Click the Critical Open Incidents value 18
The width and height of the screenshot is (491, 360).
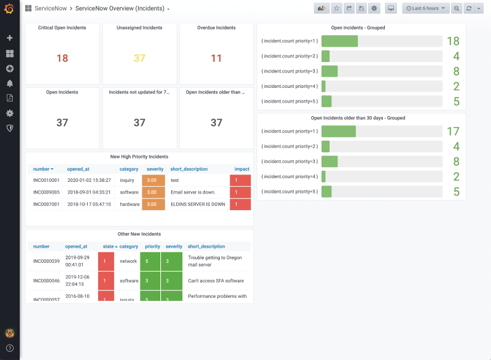(62, 58)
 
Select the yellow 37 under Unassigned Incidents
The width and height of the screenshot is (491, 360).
(139, 58)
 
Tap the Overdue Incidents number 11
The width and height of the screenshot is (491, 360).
(216, 58)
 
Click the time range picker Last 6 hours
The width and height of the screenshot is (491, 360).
(425, 9)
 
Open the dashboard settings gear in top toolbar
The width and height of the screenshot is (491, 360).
(374, 9)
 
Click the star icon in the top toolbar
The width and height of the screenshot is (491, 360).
(337, 9)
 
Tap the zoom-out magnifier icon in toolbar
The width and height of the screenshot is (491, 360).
(457, 9)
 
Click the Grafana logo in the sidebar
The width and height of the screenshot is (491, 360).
(9, 9)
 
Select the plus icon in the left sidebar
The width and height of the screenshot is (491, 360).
(9, 38)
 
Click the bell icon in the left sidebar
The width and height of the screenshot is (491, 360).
(9, 83)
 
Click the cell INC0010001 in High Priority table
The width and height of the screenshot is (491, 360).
(46, 180)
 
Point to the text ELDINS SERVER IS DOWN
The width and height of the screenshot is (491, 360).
(198, 204)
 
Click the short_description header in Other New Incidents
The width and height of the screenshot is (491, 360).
(206, 246)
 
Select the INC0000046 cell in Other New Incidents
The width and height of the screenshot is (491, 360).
(46, 281)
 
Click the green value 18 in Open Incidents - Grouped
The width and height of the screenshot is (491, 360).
(453, 41)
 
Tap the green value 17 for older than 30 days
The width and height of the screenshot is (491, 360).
(453, 131)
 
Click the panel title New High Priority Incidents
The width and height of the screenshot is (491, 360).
(139, 157)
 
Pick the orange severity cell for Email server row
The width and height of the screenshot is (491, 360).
(153, 192)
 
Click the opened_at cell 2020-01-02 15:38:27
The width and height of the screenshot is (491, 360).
(89, 180)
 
